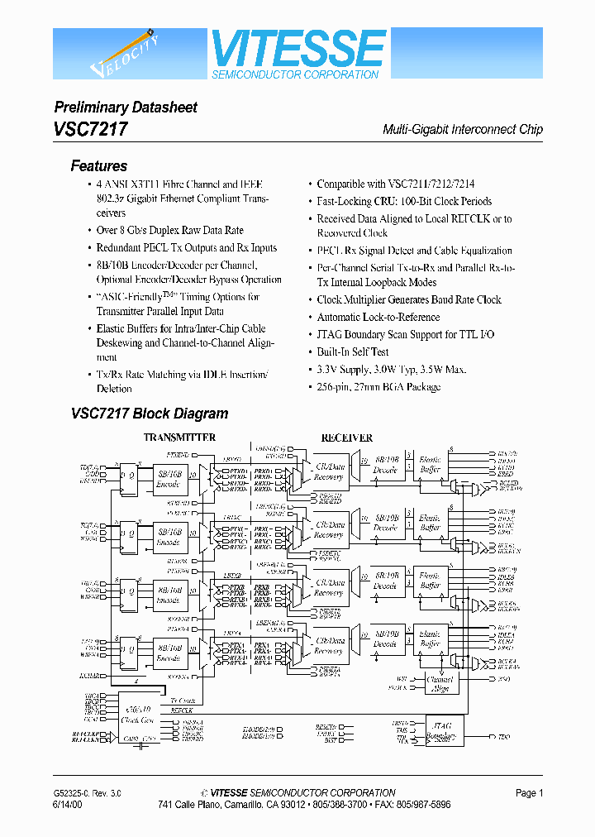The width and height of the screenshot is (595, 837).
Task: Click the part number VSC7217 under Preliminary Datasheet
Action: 91,129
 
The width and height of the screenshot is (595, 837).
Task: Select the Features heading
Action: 99,165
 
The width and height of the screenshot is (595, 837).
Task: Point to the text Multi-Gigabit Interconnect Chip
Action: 463,130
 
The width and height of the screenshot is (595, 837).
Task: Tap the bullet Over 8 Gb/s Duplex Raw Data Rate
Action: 169,231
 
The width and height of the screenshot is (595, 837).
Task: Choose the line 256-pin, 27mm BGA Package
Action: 378,387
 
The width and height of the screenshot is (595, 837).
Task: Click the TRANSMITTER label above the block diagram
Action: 180,438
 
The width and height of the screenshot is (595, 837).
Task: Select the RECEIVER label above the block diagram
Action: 346,438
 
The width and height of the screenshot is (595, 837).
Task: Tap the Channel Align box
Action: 440,683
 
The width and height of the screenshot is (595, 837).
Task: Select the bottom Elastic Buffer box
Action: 430,638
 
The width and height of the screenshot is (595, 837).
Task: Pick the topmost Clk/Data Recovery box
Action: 329,476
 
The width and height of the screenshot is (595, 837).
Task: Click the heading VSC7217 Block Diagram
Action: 150,414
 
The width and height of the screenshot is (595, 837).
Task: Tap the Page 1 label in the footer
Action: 529,793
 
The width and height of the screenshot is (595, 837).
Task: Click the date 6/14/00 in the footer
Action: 69,805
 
